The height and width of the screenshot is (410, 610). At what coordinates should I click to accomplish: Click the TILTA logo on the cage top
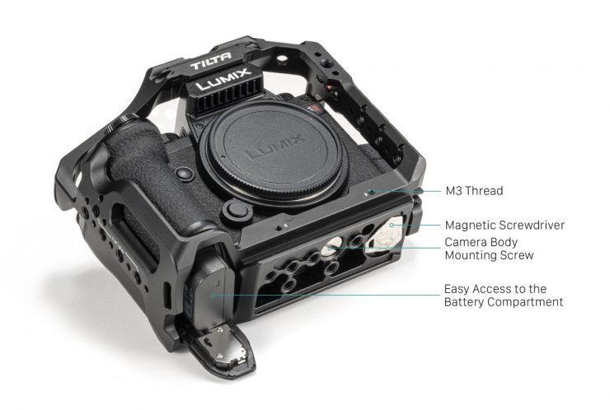pos(210,61)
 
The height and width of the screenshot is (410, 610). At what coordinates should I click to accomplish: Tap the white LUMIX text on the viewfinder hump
pos(223,79)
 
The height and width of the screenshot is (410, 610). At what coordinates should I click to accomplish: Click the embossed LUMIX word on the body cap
pos(275,147)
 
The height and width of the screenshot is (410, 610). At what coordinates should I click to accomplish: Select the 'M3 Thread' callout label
pos(474,191)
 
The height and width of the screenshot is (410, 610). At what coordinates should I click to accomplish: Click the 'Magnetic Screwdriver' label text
pos(504,225)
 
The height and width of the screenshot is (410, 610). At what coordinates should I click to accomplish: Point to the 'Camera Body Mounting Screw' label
pos(489,249)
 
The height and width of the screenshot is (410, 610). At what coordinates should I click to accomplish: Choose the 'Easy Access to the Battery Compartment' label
pos(504,296)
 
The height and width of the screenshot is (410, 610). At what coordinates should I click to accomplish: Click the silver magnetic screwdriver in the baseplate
pos(383,237)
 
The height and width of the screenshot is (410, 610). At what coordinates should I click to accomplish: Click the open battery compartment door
pos(223,347)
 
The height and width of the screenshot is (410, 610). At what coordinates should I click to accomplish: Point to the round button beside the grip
pos(185,174)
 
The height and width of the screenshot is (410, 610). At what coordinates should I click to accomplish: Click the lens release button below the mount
pos(236,212)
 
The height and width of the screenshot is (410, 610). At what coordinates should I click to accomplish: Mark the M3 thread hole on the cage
pos(372,192)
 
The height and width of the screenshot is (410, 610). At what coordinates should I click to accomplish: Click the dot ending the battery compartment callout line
pos(213,296)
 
